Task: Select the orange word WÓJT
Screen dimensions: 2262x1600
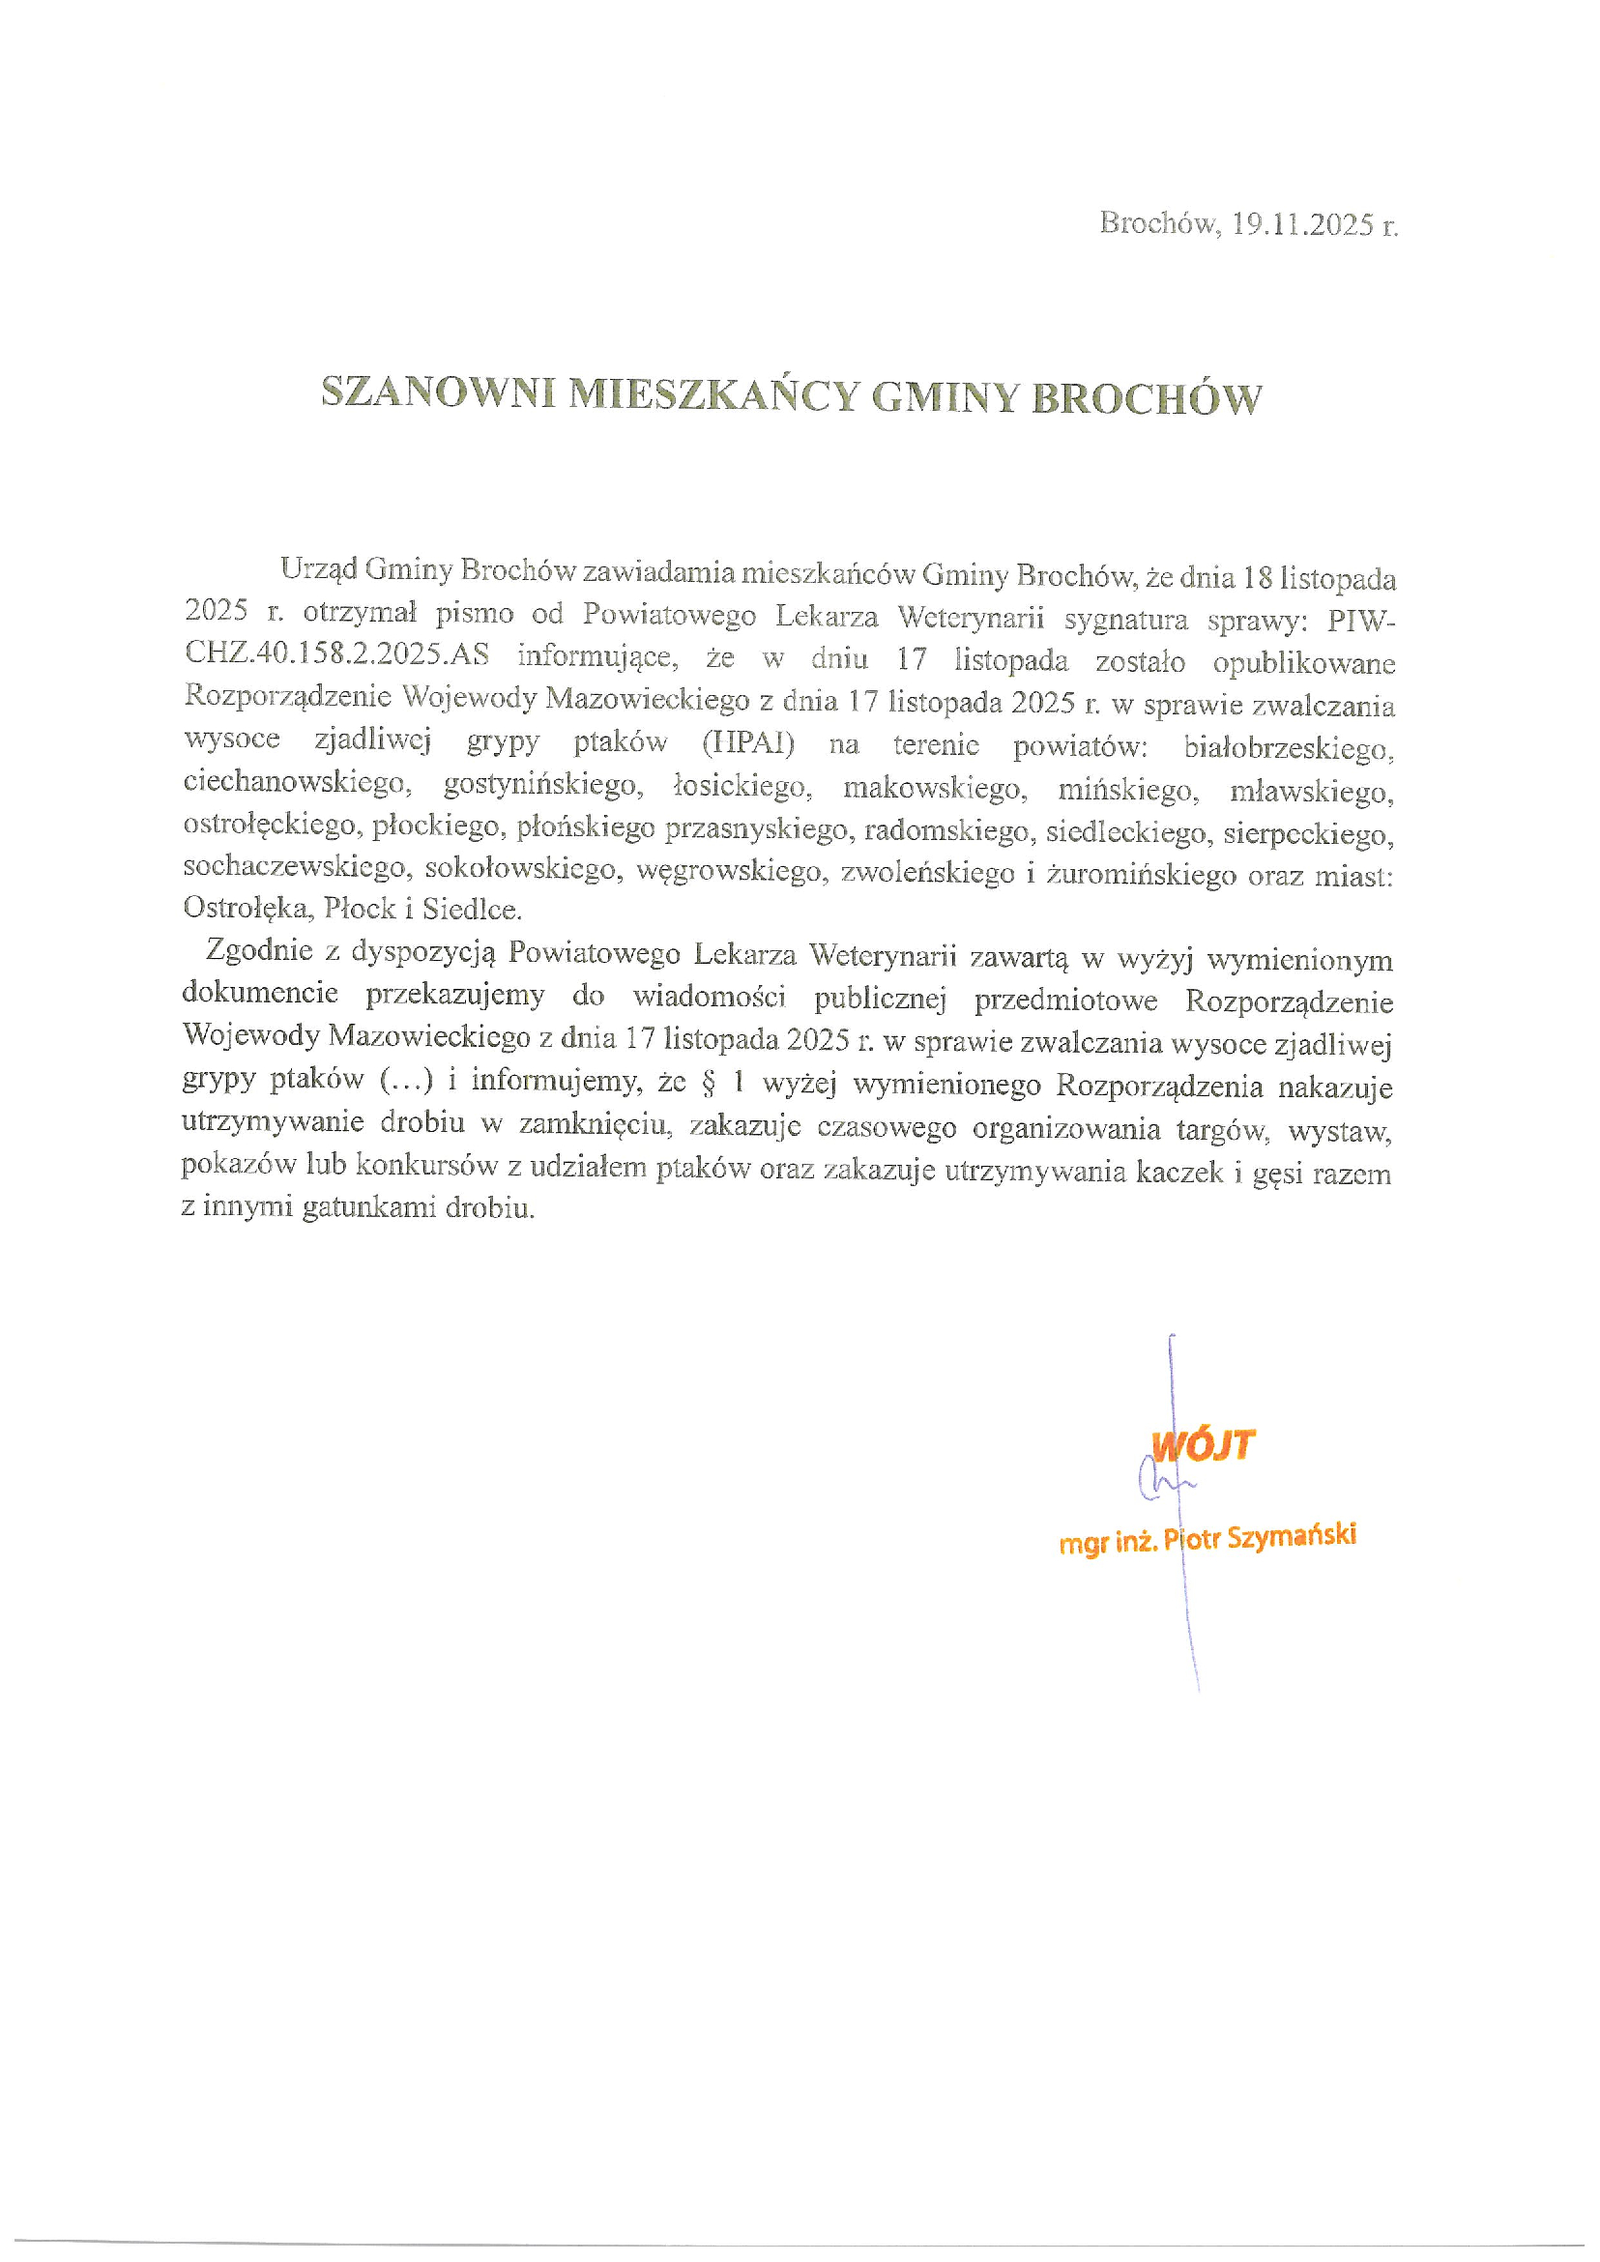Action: click(1204, 1445)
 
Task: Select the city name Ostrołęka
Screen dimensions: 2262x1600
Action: click(247, 908)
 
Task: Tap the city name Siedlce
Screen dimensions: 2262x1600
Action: click(472, 910)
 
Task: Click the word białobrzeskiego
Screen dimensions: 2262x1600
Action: click(1288, 749)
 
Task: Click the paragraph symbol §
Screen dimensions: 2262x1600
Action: click(708, 1083)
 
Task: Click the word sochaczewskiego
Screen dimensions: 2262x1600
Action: click(295, 867)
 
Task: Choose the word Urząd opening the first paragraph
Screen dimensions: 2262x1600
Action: click(317, 568)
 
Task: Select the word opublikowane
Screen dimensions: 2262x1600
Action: click(1302, 663)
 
